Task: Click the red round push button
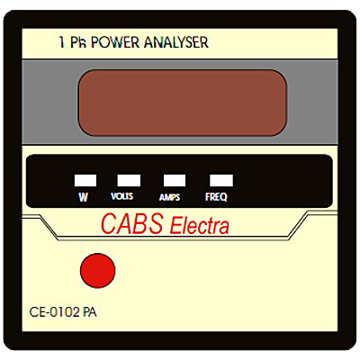point(98,271)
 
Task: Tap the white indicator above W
point(85,181)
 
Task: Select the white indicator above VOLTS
point(129,181)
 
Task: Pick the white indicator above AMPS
point(175,181)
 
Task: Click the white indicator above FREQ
point(221,181)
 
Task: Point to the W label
point(83,197)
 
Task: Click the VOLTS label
point(121,196)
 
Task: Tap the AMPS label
point(169,197)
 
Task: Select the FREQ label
point(216,197)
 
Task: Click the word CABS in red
point(132,223)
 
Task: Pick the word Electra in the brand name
point(200,226)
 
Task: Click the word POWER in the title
point(115,42)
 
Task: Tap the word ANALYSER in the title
point(176,42)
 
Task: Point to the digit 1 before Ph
point(62,42)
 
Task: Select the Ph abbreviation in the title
point(78,42)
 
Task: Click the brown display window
point(183,103)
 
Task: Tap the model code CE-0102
point(55,312)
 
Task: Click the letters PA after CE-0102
point(90,312)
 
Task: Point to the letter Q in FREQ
point(222,197)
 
